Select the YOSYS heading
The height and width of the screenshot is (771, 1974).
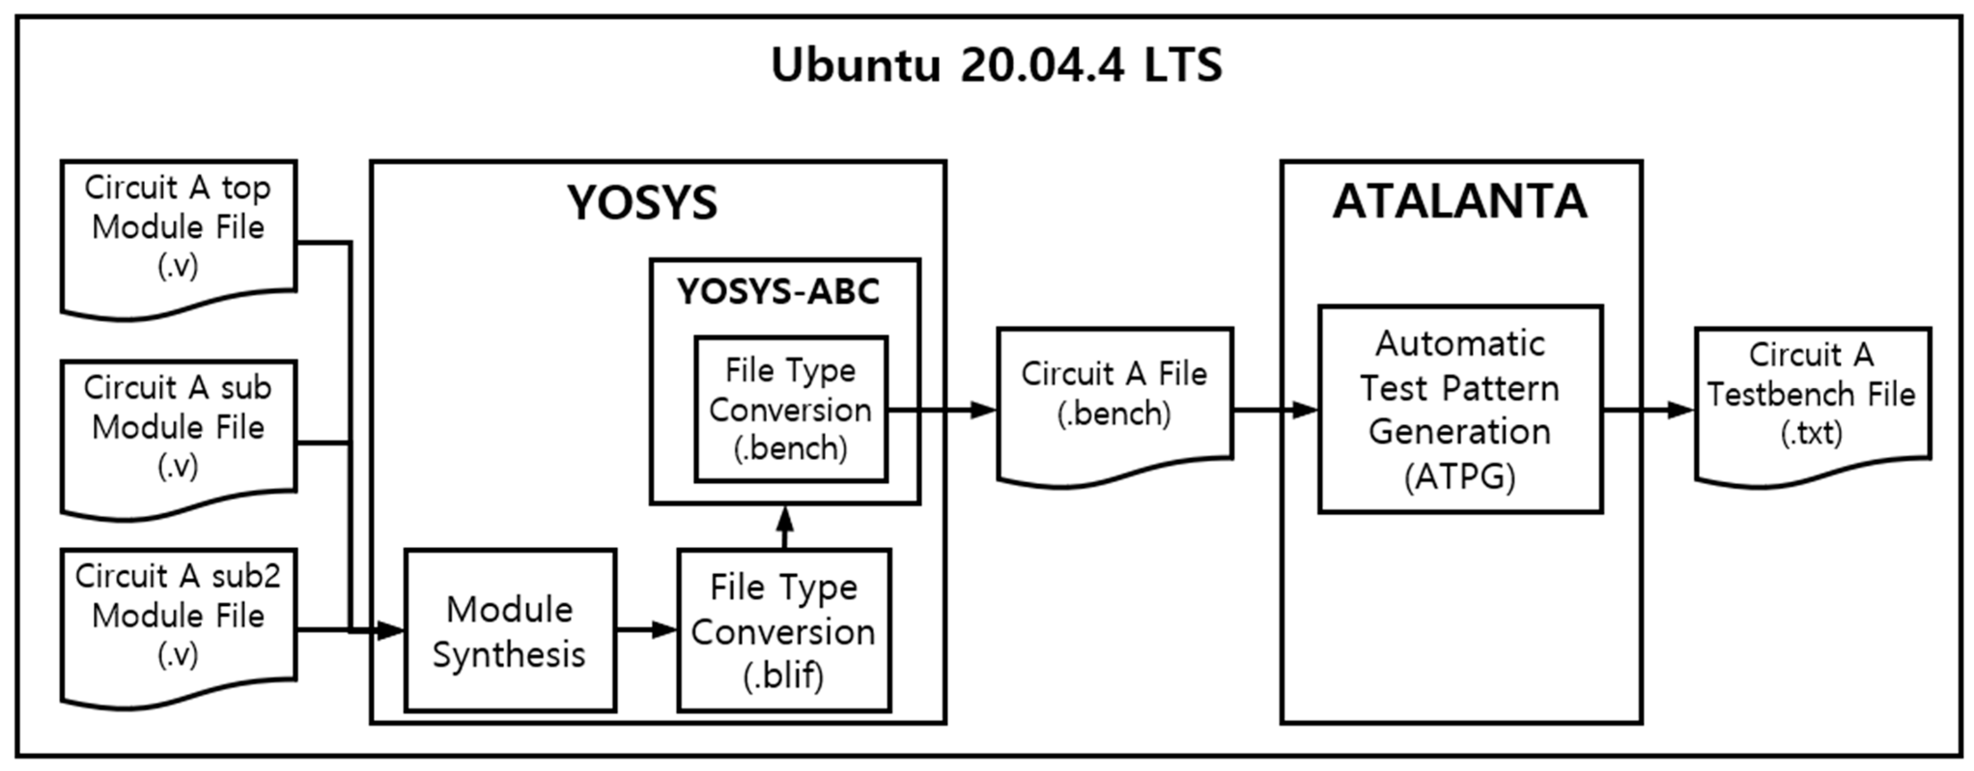642,203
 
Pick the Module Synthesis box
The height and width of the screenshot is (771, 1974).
510,631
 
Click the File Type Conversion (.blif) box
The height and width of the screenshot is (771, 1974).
783,631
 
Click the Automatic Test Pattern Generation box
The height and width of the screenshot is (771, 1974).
1460,409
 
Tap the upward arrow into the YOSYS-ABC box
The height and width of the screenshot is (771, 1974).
784,527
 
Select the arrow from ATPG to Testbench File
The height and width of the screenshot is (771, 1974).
1648,410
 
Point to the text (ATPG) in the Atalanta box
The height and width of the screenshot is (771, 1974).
1460,477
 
